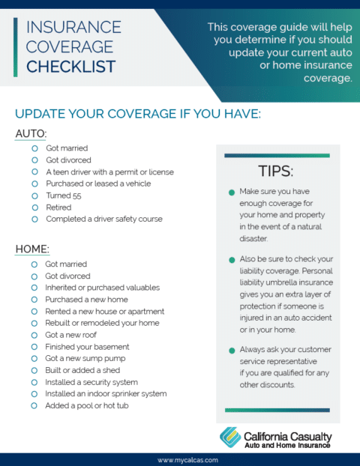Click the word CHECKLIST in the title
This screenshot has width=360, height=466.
70,67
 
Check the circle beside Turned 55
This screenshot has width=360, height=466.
34,196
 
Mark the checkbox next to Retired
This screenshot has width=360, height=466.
34,208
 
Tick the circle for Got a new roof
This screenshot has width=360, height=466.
34,335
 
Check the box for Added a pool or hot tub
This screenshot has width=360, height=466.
34,405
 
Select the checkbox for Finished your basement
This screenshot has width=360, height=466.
34,347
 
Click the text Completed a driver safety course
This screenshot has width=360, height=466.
103,220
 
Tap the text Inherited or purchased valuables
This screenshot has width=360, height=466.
102,288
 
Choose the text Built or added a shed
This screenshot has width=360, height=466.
82,370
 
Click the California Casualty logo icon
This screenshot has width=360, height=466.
230,437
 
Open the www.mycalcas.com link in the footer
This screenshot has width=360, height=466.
180,459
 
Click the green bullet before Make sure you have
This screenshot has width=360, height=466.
232,193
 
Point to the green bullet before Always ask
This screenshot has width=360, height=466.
232,350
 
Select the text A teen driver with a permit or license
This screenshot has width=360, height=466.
109,172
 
